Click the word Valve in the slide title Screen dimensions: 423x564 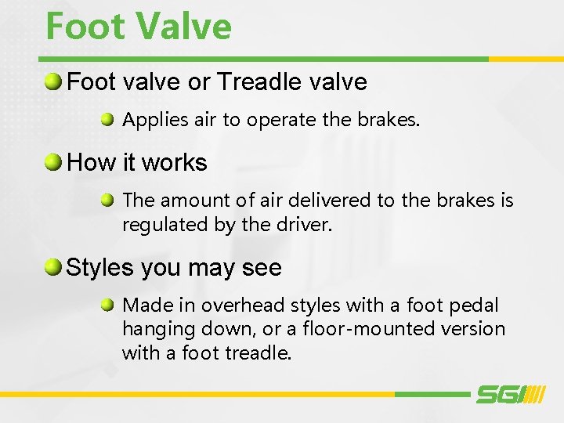pos(183,26)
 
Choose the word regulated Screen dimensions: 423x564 pos(159,226)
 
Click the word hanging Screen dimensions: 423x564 pos(154,329)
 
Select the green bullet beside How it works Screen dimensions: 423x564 pos(53,163)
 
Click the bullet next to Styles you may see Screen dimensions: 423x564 pos(53,268)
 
